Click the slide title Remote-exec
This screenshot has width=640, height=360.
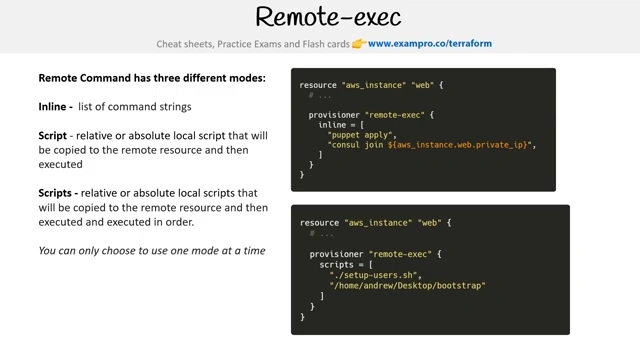click(x=328, y=17)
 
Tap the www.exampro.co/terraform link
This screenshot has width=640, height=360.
click(x=430, y=44)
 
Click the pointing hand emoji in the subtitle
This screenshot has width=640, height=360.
click(x=359, y=43)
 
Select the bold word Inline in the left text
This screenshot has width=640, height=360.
click(x=52, y=107)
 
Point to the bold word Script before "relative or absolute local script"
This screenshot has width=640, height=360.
click(x=52, y=136)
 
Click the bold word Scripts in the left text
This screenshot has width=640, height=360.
click(x=55, y=193)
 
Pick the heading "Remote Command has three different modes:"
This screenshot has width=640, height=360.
click(x=152, y=78)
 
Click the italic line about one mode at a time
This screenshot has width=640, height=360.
click(x=152, y=251)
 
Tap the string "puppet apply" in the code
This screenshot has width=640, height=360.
click(x=360, y=135)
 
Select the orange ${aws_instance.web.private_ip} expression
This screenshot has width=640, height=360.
click(x=458, y=145)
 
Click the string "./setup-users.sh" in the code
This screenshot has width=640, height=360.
click(x=373, y=275)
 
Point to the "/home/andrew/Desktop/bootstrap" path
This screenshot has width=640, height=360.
click(x=407, y=286)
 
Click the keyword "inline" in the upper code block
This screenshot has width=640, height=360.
click(x=332, y=125)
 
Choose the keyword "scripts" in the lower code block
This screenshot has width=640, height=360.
click(x=336, y=265)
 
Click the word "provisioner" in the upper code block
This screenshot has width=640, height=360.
click(x=334, y=115)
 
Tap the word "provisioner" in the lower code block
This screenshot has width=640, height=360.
click(x=336, y=254)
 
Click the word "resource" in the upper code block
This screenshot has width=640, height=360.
click(x=318, y=85)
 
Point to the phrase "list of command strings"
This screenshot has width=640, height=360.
click(x=135, y=107)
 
